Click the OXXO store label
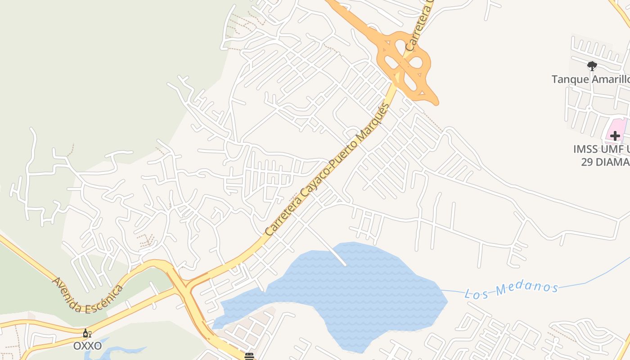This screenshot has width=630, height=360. (88, 346)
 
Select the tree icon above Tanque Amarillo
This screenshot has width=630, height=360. (592, 66)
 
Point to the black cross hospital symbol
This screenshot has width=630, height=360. (615, 135)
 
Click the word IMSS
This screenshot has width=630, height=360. (587, 149)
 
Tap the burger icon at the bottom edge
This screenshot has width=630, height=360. (249, 356)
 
